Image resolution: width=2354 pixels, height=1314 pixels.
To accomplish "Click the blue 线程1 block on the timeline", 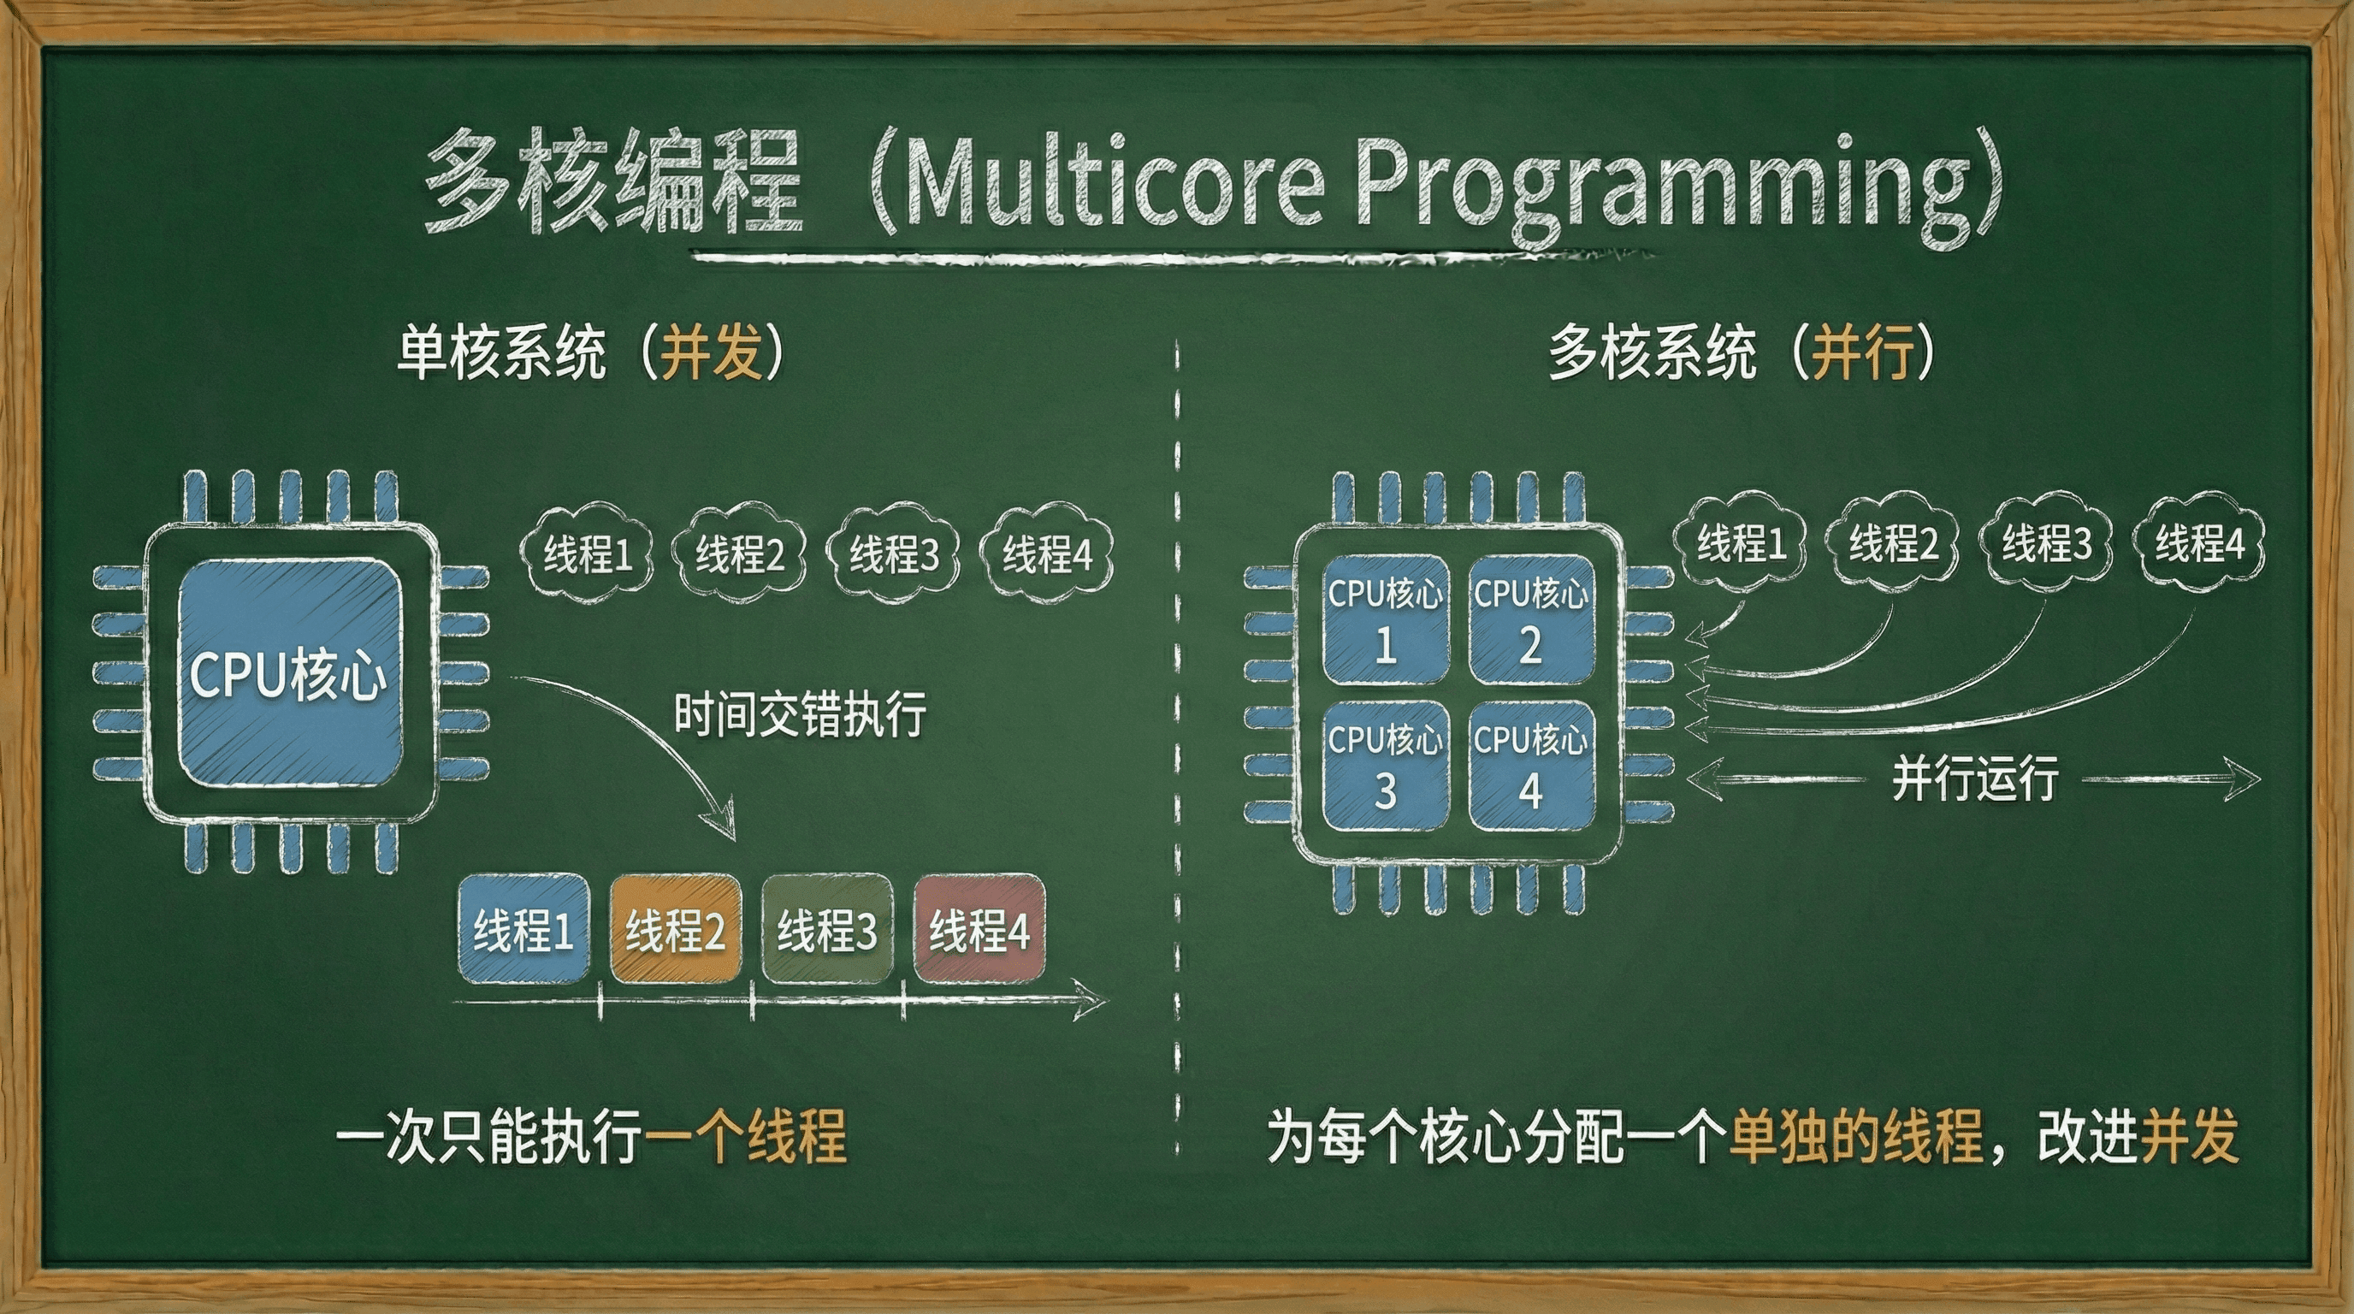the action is pos(523,929).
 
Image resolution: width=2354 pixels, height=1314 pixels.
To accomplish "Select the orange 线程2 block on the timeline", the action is pos(675,929).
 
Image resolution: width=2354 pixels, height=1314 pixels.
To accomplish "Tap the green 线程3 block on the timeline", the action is pos(827,929).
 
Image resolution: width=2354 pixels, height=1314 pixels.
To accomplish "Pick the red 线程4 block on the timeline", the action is pos(979,929).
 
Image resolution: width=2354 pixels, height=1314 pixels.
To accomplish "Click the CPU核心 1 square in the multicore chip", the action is pos(1386,620).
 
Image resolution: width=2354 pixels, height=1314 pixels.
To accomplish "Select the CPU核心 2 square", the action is pos(1532,620).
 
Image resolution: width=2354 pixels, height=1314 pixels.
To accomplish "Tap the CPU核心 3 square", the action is pos(1386,766).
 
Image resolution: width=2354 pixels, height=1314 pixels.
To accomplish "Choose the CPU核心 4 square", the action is pos(1532,766).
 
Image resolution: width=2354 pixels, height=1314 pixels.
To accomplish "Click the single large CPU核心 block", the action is pos(290,673).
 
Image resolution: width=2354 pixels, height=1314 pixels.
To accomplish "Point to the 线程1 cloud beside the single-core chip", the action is pos(588,553).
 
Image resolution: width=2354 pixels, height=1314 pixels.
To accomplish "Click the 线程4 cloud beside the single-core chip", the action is pos(1047,553).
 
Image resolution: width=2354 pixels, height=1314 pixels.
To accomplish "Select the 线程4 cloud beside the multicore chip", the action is pos(2199,542).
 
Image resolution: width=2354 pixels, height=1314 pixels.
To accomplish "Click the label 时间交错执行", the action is pos(801,713).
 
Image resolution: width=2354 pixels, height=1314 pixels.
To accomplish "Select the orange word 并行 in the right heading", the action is pos(1863,352).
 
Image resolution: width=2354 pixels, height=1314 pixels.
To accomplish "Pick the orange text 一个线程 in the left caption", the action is pos(746,1137).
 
